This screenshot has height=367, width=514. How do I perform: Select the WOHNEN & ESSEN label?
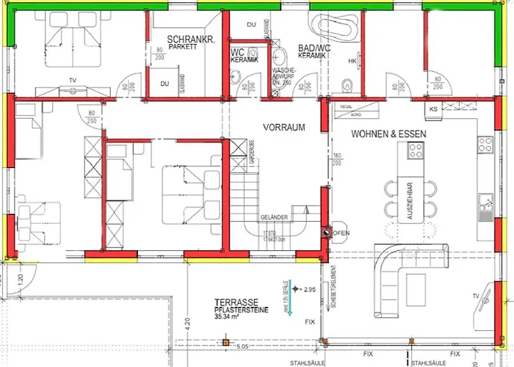click(x=388, y=134)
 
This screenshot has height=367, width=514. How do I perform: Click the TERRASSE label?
click(x=236, y=302)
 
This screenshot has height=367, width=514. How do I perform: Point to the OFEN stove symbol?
click(x=325, y=233)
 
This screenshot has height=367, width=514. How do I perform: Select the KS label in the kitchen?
click(x=433, y=109)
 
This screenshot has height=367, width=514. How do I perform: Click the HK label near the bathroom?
click(x=352, y=60)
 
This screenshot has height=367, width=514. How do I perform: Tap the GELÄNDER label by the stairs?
click(x=273, y=218)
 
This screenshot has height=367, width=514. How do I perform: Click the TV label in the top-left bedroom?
click(x=71, y=80)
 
